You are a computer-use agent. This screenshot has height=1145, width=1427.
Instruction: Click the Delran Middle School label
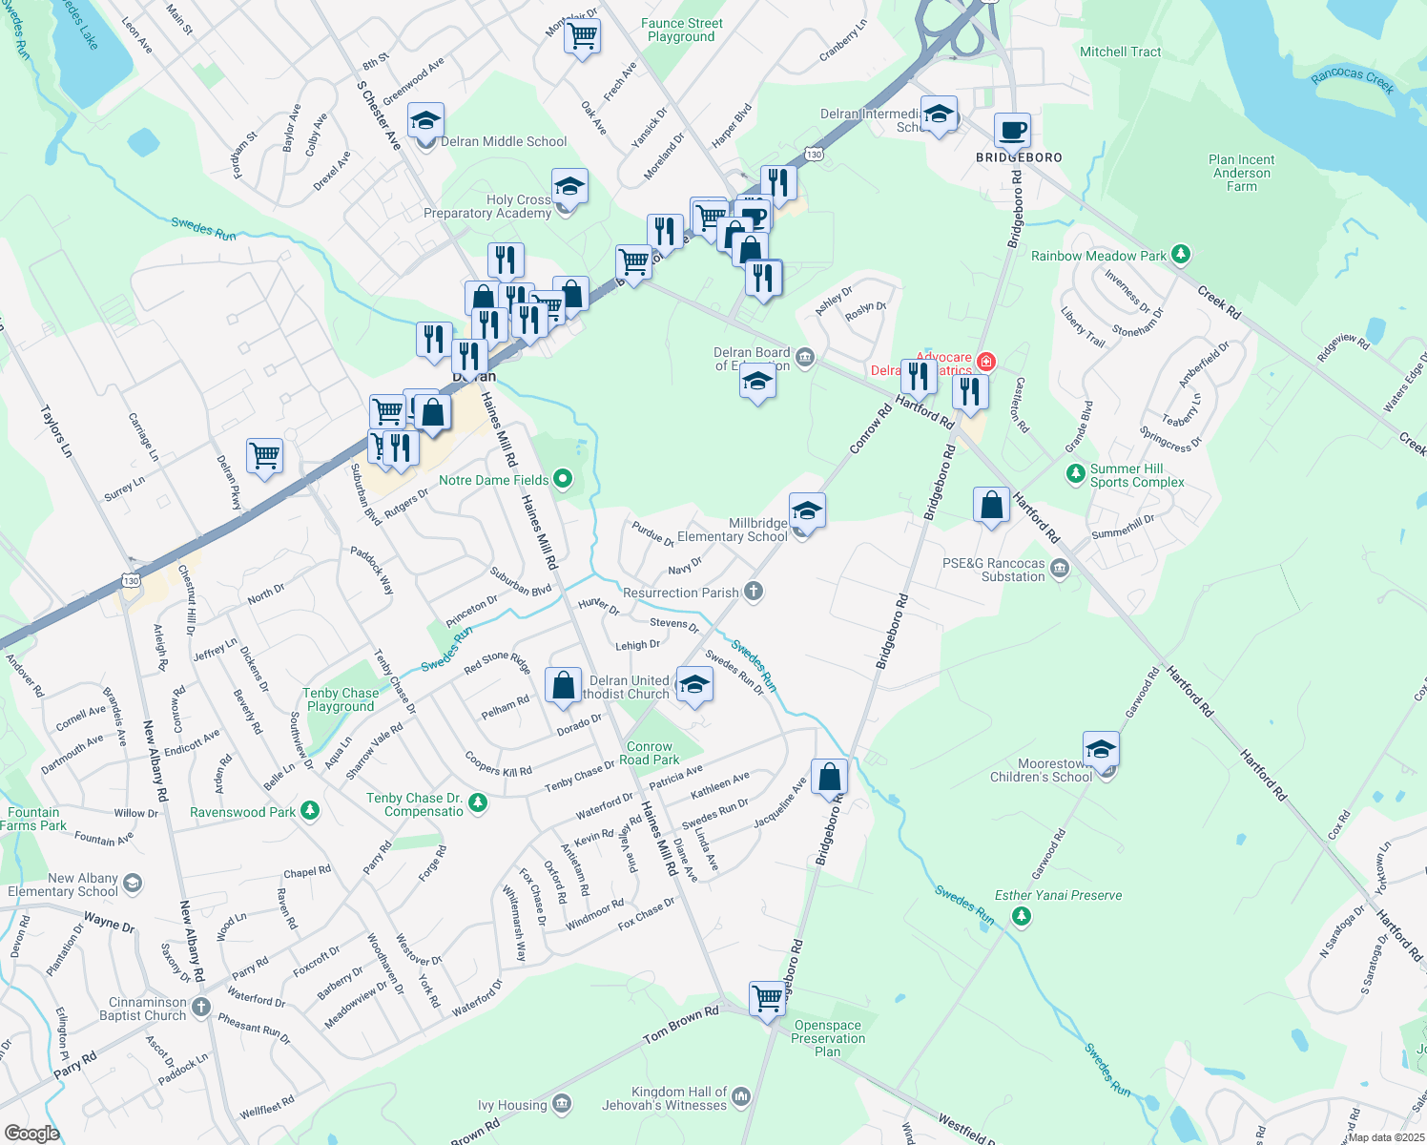coord(504,142)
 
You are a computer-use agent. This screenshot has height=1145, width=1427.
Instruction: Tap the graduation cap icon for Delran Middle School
coord(425,121)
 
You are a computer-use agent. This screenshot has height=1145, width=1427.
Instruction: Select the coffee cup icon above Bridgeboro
coord(1012,130)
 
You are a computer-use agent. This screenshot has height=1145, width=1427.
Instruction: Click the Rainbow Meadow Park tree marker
coord(1181,255)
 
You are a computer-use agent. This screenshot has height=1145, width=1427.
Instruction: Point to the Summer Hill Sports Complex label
coord(1137,475)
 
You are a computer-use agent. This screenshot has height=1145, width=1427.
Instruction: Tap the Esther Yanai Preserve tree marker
coord(1022,916)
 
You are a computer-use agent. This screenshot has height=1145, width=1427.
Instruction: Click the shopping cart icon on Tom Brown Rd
coord(768,999)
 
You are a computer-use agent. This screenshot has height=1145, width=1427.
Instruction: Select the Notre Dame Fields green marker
coord(563,478)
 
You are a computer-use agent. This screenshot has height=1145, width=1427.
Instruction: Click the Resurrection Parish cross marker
coord(754,592)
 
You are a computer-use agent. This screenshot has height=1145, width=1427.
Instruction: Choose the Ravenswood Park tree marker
coord(309,811)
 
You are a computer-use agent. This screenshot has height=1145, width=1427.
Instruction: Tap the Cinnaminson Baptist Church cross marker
coord(200,1007)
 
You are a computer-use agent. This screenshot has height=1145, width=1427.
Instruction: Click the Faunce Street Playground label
coord(682,31)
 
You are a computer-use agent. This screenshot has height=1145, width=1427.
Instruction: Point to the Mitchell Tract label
coord(1120,52)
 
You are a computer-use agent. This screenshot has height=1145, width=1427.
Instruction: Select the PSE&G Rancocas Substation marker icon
coord(1060,570)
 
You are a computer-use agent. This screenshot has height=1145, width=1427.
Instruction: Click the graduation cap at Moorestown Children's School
coord(1101,749)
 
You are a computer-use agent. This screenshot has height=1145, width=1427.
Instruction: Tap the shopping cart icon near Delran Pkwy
coord(264,455)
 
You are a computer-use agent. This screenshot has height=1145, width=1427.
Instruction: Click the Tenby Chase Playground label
coord(341,699)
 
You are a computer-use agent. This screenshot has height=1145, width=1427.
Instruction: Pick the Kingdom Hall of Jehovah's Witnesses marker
coord(741,1097)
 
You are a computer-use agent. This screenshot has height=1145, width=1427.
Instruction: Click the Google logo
coord(31,1133)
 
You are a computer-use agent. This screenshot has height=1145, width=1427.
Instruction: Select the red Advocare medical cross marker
coord(986,362)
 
